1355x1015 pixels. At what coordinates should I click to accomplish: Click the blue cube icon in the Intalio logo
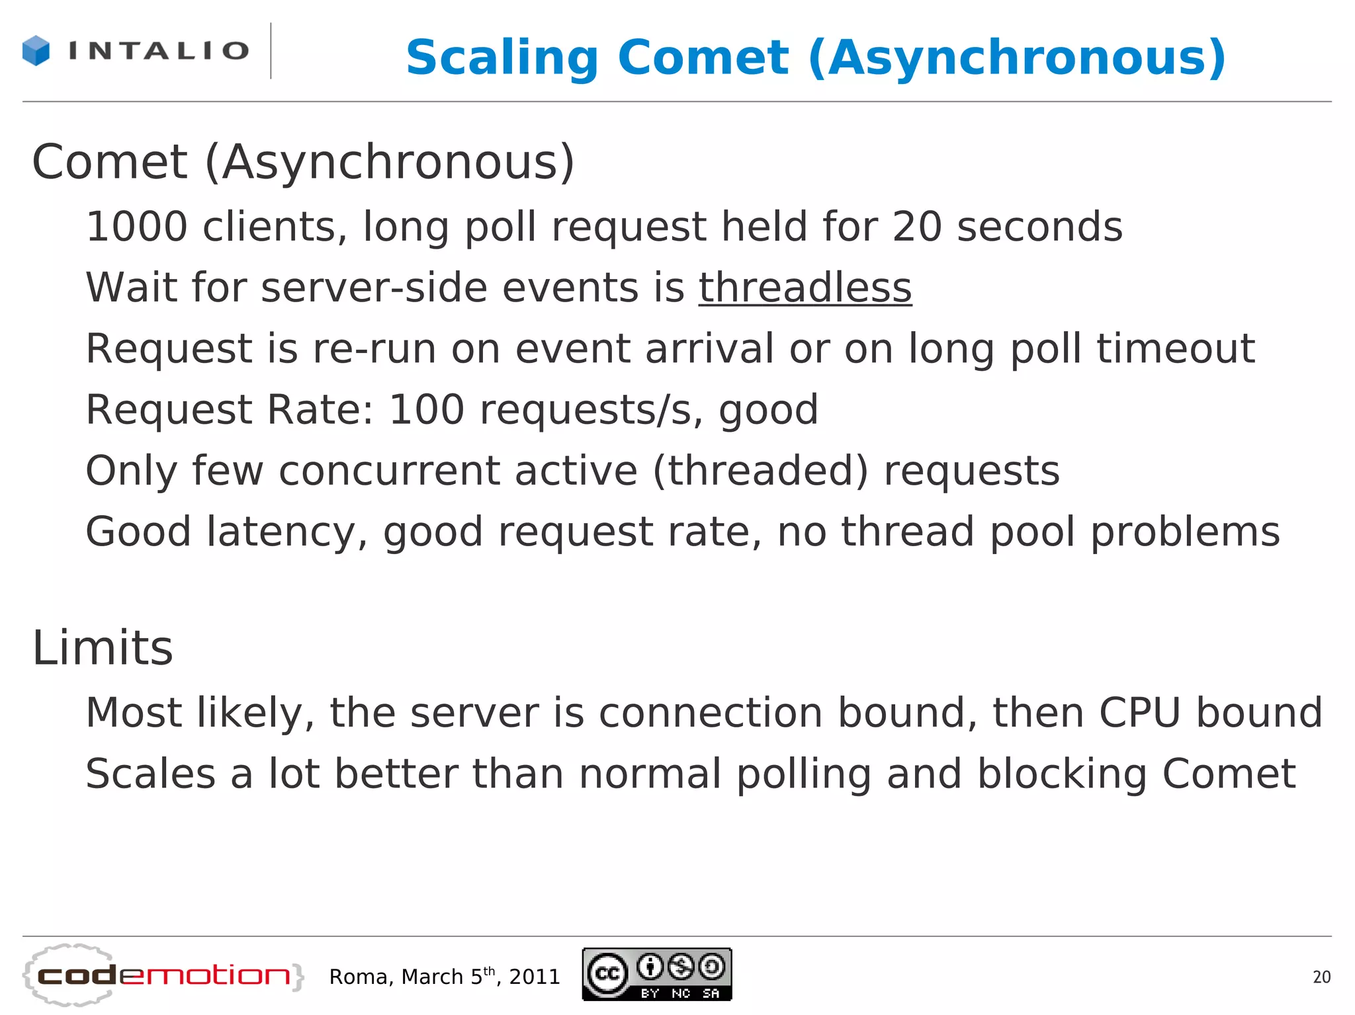[36, 51]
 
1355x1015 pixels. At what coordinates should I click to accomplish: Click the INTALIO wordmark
[159, 51]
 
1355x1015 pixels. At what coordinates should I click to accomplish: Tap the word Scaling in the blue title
[502, 58]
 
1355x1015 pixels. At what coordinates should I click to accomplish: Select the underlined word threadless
[805, 288]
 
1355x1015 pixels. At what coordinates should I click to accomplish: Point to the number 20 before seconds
[916, 227]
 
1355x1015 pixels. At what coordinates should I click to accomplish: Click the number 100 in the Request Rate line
[427, 409]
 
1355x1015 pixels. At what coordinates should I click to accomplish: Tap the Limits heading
[103, 648]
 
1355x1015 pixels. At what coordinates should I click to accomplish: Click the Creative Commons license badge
[656, 974]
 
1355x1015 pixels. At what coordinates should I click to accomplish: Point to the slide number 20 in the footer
[1321, 977]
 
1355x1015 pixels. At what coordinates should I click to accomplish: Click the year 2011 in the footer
[535, 977]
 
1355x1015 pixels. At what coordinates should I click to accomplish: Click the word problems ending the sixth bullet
[1184, 532]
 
